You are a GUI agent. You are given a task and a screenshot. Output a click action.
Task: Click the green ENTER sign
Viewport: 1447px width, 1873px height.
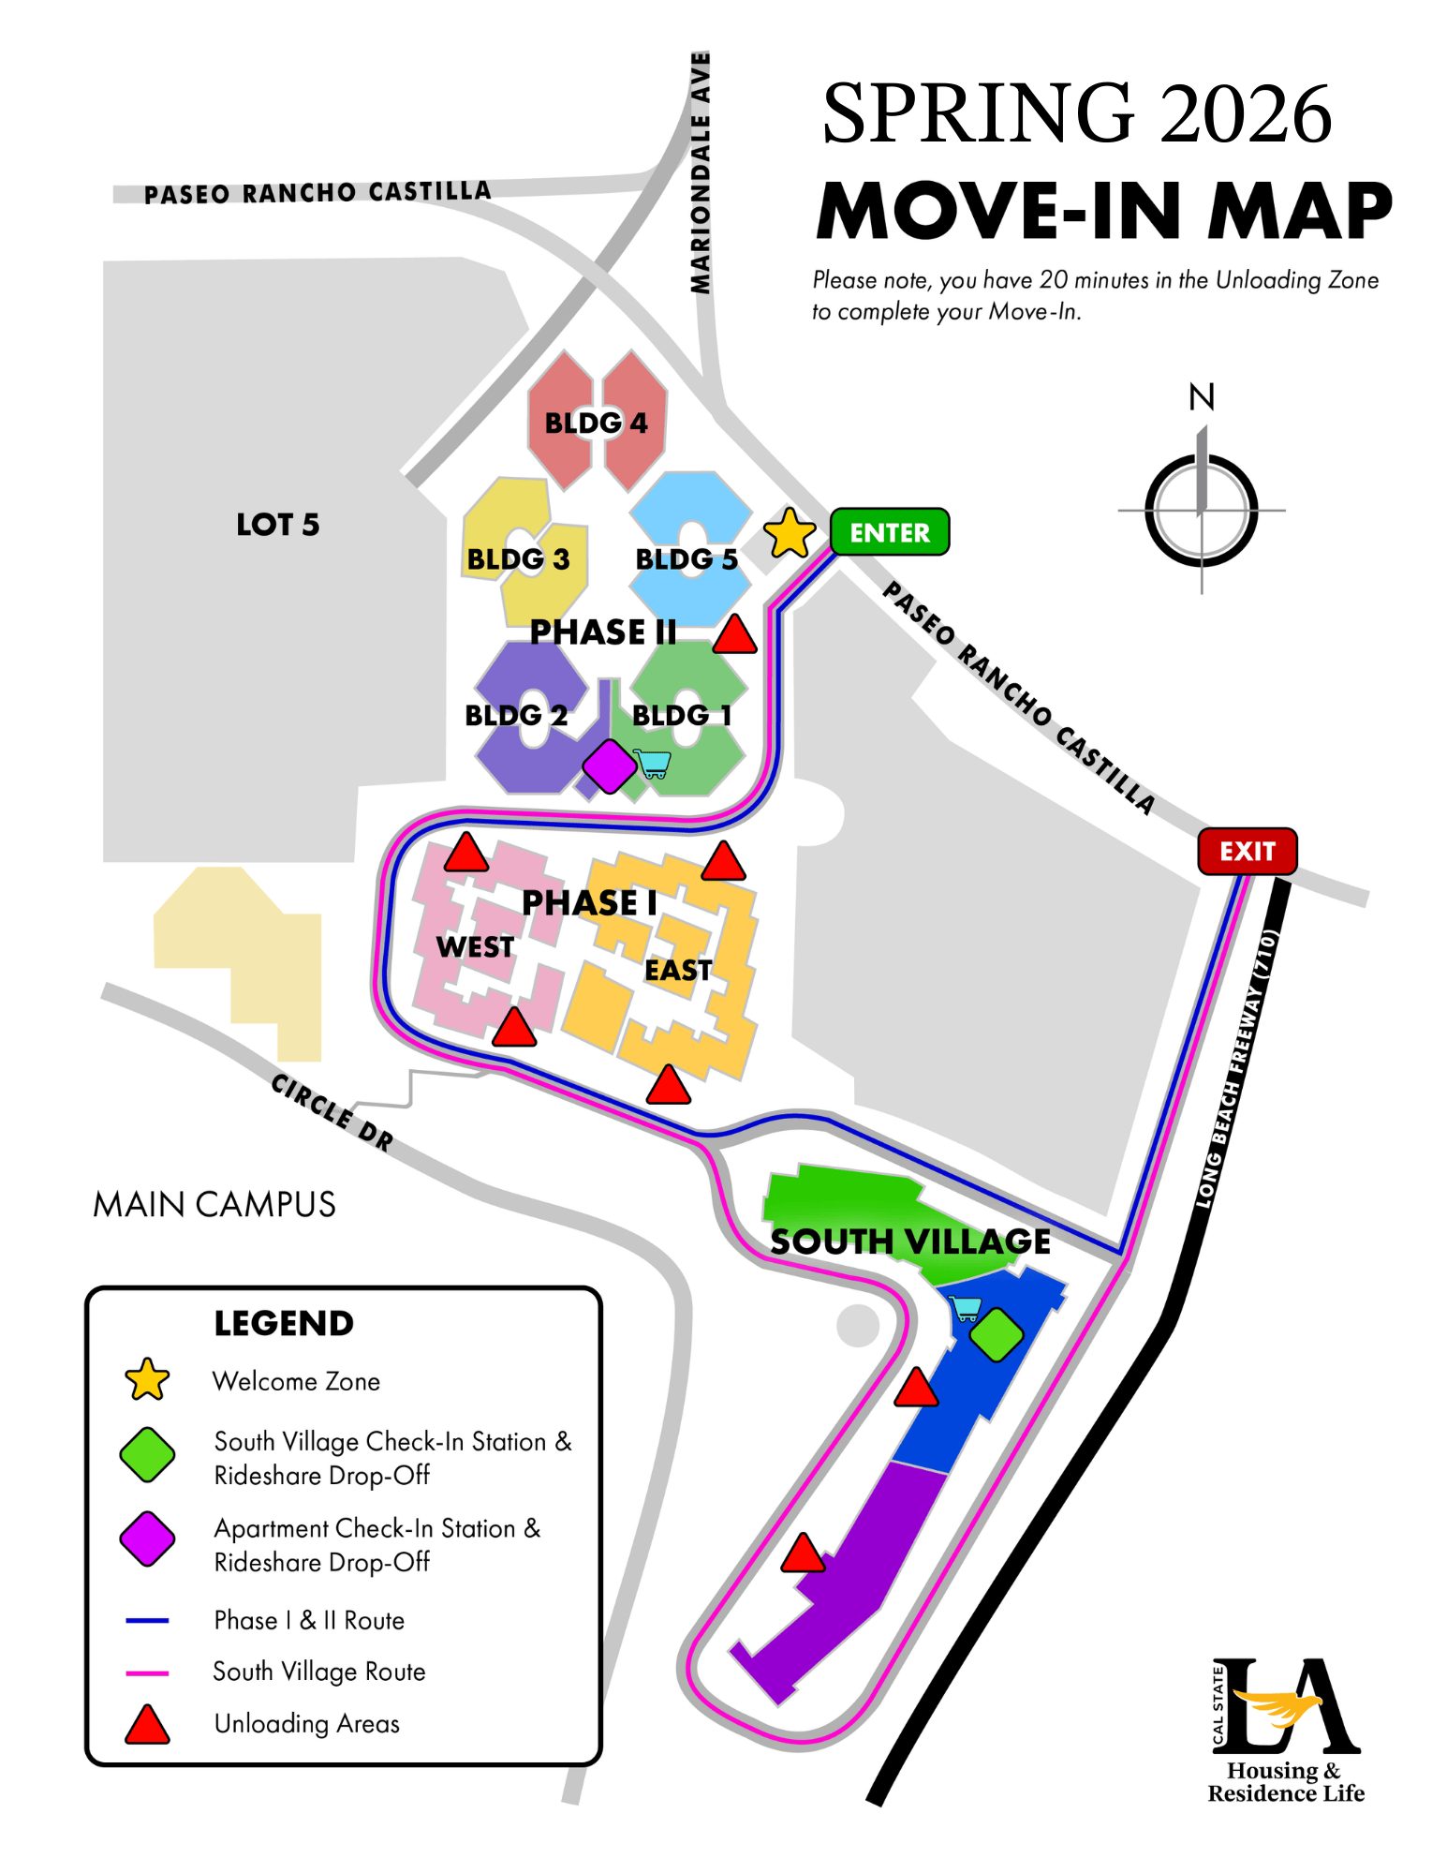[x=889, y=532]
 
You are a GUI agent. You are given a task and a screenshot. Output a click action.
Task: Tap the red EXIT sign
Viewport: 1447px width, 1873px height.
[x=1247, y=851]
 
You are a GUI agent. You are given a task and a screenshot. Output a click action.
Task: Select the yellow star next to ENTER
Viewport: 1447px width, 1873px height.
[x=790, y=534]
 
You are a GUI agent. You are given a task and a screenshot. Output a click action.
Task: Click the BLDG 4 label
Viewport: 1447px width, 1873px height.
[x=596, y=423]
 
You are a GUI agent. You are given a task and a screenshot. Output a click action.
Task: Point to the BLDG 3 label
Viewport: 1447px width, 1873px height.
[x=518, y=559]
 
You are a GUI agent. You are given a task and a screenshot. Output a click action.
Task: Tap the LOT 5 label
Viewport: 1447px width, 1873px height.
[x=277, y=524]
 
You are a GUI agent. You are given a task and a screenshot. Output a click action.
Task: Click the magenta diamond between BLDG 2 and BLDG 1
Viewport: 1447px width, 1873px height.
[x=610, y=766]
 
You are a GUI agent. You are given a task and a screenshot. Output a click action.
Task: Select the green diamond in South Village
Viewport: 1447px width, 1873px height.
[x=996, y=1333]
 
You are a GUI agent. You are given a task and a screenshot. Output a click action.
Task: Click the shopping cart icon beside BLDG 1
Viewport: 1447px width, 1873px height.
[x=652, y=763]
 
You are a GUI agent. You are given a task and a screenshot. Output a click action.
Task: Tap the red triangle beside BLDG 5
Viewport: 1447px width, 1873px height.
[x=734, y=635]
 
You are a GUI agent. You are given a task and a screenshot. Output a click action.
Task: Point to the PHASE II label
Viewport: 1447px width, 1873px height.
[x=602, y=632]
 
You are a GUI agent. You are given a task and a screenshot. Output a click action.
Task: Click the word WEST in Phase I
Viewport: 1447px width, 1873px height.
[x=475, y=946]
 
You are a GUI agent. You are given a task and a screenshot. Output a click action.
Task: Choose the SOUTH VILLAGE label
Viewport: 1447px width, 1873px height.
[x=909, y=1241]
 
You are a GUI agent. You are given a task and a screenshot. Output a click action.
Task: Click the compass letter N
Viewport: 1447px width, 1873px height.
[x=1201, y=397]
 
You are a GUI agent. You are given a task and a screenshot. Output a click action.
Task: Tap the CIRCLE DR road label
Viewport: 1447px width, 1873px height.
[x=332, y=1111]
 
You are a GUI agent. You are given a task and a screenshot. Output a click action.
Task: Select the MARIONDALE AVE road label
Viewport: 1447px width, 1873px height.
[x=701, y=173]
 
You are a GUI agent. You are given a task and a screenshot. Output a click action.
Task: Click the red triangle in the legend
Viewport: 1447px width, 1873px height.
[x=147, y=1725]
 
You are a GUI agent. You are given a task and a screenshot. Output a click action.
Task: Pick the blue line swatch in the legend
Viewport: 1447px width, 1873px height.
[x=147, y=1620]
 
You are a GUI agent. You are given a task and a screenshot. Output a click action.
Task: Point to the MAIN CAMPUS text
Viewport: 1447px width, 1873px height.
[x=214, y=1204]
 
